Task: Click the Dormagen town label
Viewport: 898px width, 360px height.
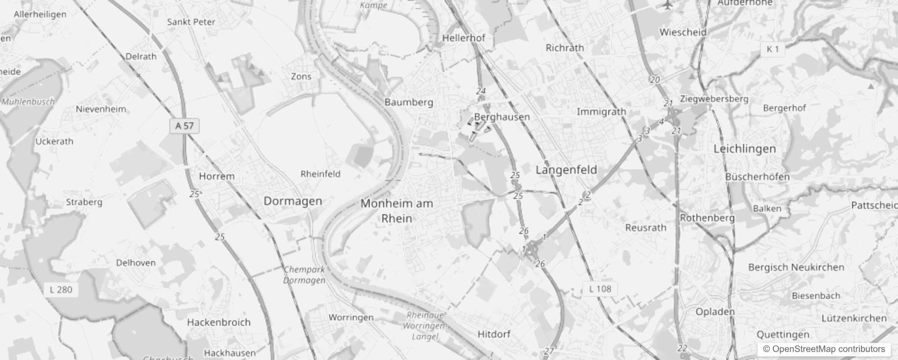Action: click(x=292, y=201)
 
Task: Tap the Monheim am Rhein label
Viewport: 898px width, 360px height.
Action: click(x=396, y=211)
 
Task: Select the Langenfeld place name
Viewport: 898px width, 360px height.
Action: click(x=566, y=170)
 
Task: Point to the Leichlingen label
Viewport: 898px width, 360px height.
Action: click(x=745, y=149)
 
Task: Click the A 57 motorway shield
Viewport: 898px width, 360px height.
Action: click(x=184, y=126)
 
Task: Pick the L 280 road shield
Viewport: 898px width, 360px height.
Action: click(x=61, y=290)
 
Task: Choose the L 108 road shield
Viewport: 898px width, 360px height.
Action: click(x=600, y=289)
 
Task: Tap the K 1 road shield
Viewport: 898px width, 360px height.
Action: click(x=772, y=49)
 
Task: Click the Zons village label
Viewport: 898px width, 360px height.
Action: click(x=301, y=76)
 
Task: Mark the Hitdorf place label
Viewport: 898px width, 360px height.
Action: click(x=494, y=334)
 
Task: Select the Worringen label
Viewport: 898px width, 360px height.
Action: click(x=351, y=318)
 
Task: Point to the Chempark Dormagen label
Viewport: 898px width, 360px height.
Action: click(x=304, y=274)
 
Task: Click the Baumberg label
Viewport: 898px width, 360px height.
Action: click(x=409, y=103)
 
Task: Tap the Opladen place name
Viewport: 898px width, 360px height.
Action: click(x=715, y=312)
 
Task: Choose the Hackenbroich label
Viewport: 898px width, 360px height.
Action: click(x=219, y=322)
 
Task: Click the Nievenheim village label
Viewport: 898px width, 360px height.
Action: click(x=101, y=109)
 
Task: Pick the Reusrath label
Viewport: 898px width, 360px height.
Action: click(x=646, y=228)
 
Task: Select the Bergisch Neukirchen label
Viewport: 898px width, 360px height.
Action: click(x=796, y=267)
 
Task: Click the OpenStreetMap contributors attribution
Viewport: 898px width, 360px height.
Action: click(x=824, y=349)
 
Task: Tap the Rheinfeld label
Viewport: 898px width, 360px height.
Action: click(x=320, y=174)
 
